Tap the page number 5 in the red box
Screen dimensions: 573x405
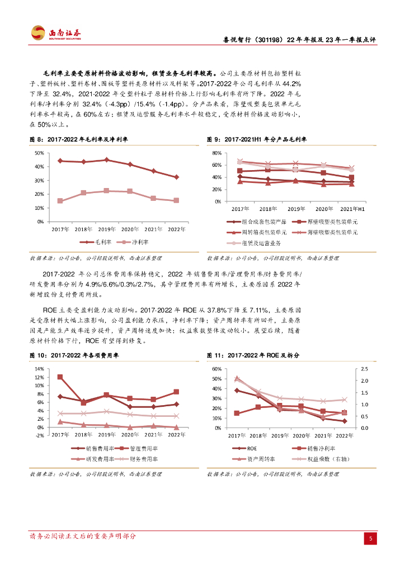[x=370, y=538]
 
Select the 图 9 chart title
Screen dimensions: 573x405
[x=261, y=139]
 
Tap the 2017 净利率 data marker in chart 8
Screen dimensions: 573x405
[x=60, y=201]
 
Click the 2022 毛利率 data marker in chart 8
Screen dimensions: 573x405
[x=176, y=177]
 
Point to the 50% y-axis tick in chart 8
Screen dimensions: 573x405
[x=40, y=153]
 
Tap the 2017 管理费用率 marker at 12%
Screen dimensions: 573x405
[x=60, y=377]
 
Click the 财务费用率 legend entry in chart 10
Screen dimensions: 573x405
[x=138, y=459]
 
